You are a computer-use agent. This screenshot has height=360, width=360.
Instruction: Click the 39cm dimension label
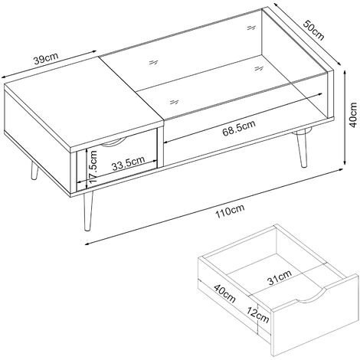(46, 58)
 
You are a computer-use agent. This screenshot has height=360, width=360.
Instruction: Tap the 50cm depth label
(314, 30)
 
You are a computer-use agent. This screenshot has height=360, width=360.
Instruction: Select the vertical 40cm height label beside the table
(353, 115)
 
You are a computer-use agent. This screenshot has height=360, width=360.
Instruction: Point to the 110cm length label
(230, 211)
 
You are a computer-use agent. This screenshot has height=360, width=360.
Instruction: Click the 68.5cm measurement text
(239, 129)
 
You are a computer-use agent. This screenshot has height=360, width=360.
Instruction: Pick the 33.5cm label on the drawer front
(129, 163)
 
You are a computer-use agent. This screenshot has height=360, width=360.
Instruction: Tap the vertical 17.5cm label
(93, 166)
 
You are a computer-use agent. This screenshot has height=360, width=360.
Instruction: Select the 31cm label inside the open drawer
(280, 277)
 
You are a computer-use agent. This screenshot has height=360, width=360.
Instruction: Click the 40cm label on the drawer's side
(224, 293)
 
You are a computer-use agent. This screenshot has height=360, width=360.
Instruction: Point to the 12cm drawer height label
(257, 315)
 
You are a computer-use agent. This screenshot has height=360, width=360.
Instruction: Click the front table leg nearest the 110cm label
(88, 211)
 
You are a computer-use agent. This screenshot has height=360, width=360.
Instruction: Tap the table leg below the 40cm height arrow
(301, 149)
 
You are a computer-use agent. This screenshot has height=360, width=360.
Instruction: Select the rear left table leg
(34, 171)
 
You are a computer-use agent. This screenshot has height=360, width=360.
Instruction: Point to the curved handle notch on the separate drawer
(310, 296)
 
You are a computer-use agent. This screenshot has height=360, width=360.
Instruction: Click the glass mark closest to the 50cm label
(251, 28)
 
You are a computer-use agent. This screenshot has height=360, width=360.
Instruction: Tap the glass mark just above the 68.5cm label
(175, 102)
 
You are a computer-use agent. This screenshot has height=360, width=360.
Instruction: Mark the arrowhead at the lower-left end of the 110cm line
(87, 244)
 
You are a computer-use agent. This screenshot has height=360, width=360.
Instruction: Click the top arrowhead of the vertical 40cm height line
(345, 73)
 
